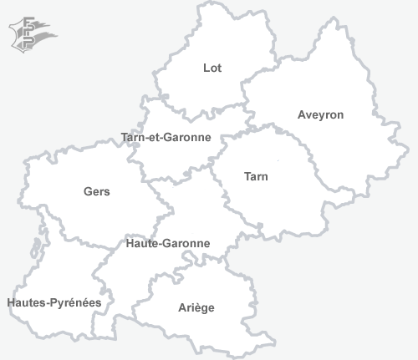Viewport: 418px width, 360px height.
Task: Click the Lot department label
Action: tap(212, 68)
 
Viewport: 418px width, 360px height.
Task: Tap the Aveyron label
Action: tap(320, 114)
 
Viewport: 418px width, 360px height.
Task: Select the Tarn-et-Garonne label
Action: tap(166, 137)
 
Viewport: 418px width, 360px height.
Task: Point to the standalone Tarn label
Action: tap(256, 176)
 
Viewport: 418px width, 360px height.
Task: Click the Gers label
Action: tap(97, 191)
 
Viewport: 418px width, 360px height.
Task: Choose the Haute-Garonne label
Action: tap(167, 243)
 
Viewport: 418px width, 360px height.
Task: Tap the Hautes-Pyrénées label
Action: tap(54, 302)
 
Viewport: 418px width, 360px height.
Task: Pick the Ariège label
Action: tap(196, 307)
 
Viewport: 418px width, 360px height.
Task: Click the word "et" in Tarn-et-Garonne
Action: tap(154, 137)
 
